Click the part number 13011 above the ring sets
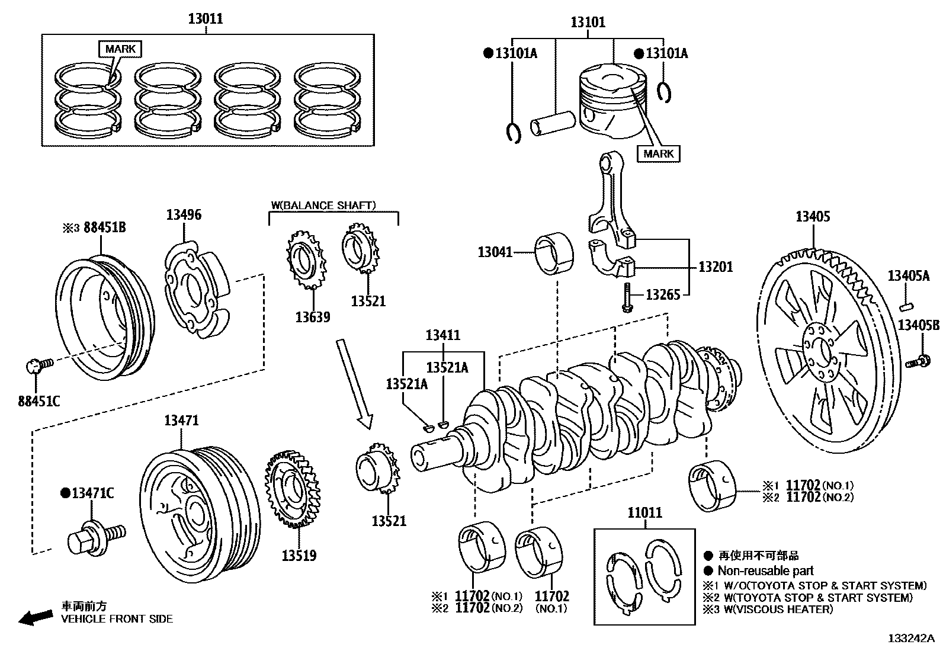pos(206,18)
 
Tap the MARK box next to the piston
pos(659,153)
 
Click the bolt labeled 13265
pos(627,296)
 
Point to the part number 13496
pos(184,214)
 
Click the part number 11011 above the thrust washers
pos(644,513)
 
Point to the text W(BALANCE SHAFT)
pos(323,206)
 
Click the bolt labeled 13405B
pos(918,360)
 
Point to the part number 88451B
pos(104,227)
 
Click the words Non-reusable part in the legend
pos(765,570)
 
